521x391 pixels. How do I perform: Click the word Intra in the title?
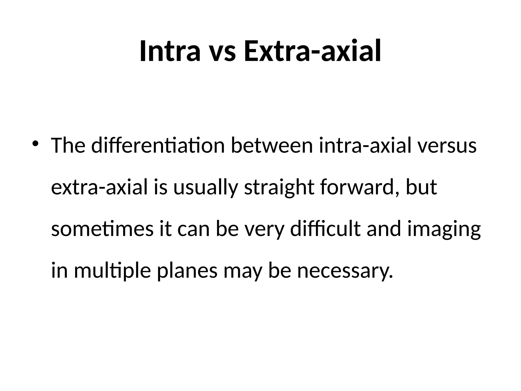(170, 51)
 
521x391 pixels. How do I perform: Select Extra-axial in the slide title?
(312, 51)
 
